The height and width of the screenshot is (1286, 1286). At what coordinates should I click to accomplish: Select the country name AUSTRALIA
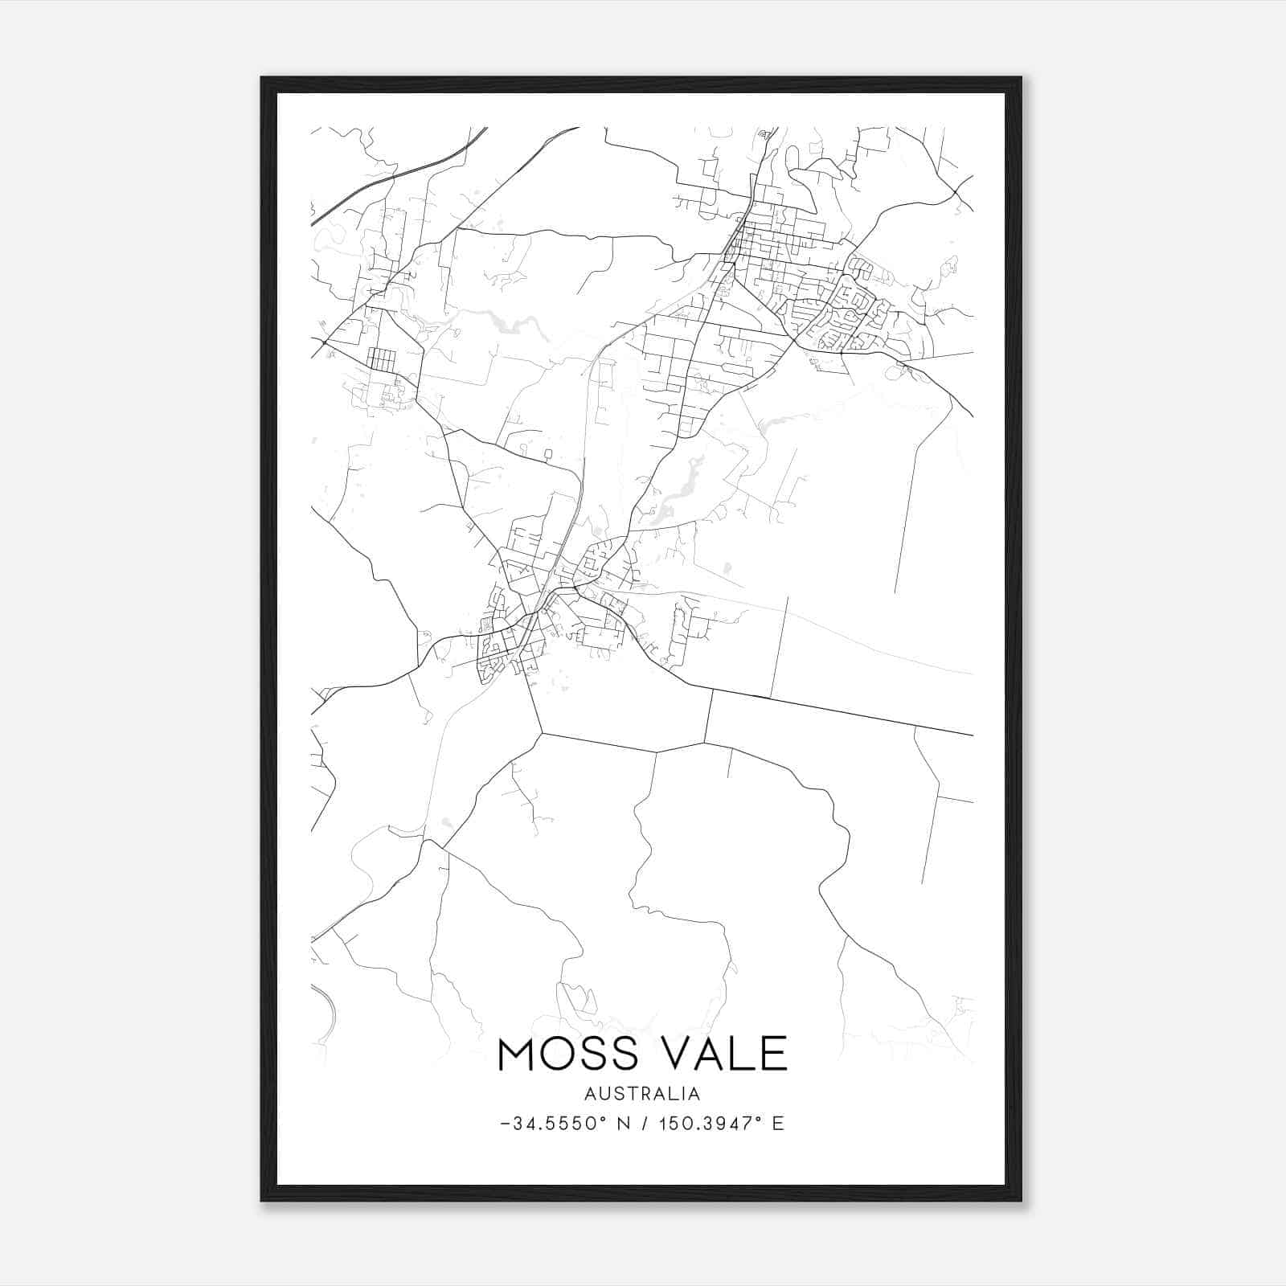(x=642, y=1094)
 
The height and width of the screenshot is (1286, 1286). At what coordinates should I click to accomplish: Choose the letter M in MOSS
(x=516, y=1054)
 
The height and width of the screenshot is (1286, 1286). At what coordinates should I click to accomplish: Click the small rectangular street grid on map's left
(x=382, y=358)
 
